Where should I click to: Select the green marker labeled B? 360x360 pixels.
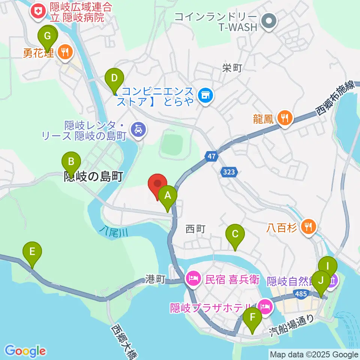click(71, 163)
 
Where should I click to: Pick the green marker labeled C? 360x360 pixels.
click(235, 235)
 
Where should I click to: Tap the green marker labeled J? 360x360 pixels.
click(320, 281)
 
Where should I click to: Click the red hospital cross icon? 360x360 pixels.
click(38, 11)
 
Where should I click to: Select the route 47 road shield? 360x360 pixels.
click(211, 156)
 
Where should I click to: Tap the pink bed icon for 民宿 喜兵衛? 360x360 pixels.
click(193, 279)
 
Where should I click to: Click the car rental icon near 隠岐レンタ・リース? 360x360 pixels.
click(138, 130)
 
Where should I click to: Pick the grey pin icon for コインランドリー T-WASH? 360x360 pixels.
click(268, 21)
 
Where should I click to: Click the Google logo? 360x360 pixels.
click(25, 351)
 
